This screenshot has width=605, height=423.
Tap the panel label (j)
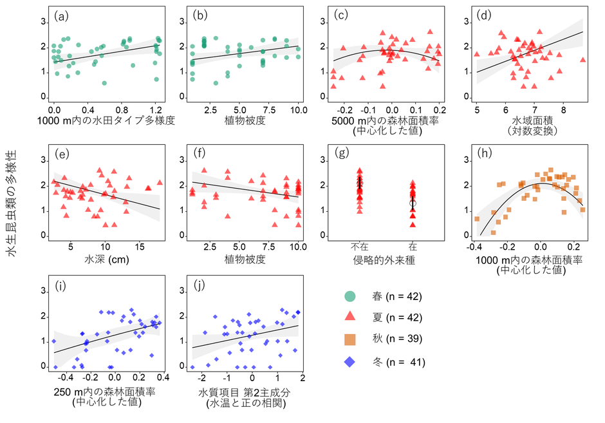[201, 286]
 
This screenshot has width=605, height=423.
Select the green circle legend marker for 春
[350, 297]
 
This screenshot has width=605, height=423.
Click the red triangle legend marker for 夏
[350, 315]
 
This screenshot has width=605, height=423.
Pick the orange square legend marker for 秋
[350, 339]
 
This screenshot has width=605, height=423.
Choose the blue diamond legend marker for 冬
[350, 362]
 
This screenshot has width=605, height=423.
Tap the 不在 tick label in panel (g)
[359, 247]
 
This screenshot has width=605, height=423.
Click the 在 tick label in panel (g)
[412, 247]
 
